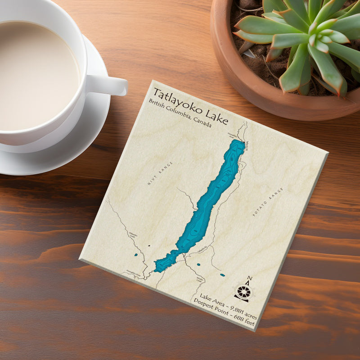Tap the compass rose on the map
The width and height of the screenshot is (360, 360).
[x=243, y=292]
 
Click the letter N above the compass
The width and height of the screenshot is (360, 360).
[x=250, y=278]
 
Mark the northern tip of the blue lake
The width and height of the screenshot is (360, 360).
[x=239, y=141]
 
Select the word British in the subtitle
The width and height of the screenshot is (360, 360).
[x=159, y=104]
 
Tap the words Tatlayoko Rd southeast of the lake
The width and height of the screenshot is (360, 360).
[x=202, y=249]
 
